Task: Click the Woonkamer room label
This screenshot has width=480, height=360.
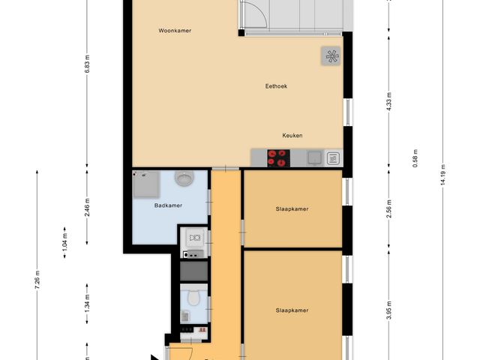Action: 175,31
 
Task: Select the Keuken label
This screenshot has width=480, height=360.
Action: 292,136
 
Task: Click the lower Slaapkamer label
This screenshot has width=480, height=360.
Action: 292,310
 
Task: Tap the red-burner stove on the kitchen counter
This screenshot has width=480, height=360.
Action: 278,157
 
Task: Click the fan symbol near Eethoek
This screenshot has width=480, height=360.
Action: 331,55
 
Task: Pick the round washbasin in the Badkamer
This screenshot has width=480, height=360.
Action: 184,178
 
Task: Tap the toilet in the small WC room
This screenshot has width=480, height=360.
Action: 193,299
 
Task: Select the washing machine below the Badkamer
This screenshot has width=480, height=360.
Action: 194,238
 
